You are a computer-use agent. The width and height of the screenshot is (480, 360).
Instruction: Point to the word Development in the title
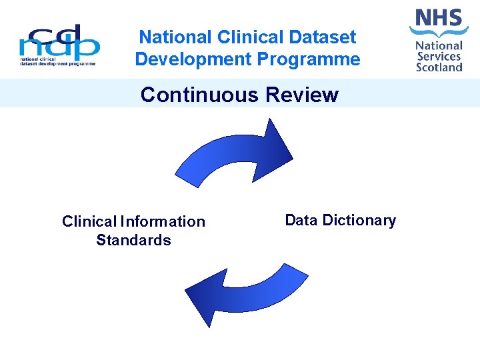point(193,59)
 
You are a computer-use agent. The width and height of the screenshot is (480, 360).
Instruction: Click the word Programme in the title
point(308,59)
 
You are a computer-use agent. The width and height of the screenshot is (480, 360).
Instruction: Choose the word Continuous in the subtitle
point(200,95)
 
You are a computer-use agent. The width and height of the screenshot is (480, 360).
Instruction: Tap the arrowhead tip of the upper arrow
point(291,157)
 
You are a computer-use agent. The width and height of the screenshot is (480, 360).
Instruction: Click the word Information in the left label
point(163,221)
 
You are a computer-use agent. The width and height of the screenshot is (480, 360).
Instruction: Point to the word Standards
point(133,240)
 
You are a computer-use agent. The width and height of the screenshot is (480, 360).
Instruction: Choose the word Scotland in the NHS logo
point(439,67)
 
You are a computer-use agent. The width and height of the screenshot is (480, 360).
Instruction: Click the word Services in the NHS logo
point(439,56)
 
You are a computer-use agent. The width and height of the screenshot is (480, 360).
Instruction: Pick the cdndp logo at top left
point(59,45)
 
